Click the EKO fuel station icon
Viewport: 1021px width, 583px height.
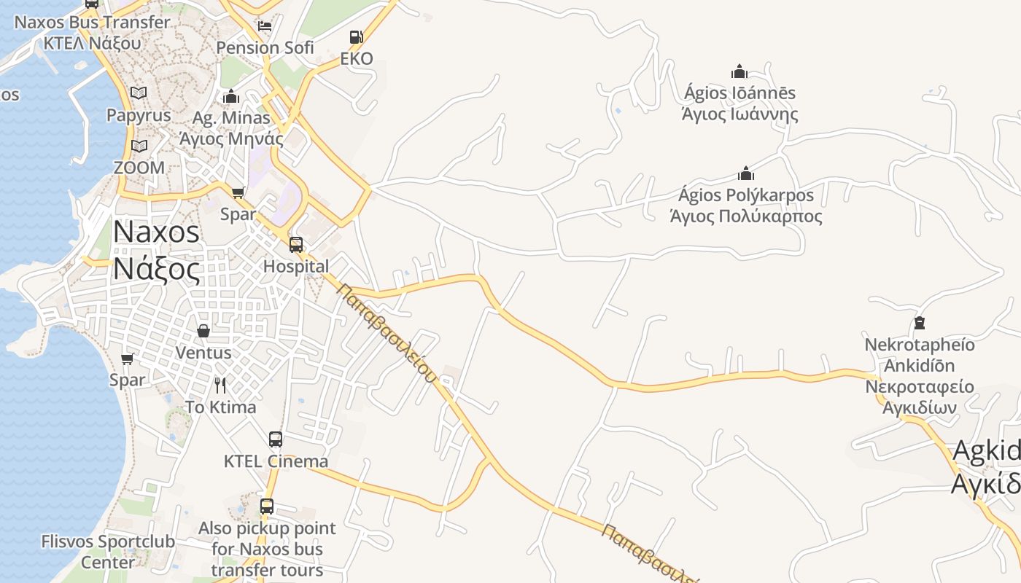(356, 37)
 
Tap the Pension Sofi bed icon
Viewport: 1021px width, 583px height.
(265, 26)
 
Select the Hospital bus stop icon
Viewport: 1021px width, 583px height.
(296, 245)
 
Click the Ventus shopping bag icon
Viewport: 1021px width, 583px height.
(203, 332)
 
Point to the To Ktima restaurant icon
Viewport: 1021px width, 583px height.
(220, 385)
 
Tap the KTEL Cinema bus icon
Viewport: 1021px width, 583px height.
(276, 439)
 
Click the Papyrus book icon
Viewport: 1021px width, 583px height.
(139, 93)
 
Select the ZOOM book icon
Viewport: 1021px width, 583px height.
(139, 146)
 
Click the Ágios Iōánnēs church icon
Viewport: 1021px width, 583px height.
(739, 71)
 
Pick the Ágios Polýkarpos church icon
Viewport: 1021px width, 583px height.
(745, 174)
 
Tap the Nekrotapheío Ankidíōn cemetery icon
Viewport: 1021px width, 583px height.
(919, 322)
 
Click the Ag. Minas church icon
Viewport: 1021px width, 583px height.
(231, 96)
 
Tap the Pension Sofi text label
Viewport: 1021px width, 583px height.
(265, 48)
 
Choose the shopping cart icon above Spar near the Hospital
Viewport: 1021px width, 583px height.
(238, 192)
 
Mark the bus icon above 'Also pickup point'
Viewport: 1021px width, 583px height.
(267, 506)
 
